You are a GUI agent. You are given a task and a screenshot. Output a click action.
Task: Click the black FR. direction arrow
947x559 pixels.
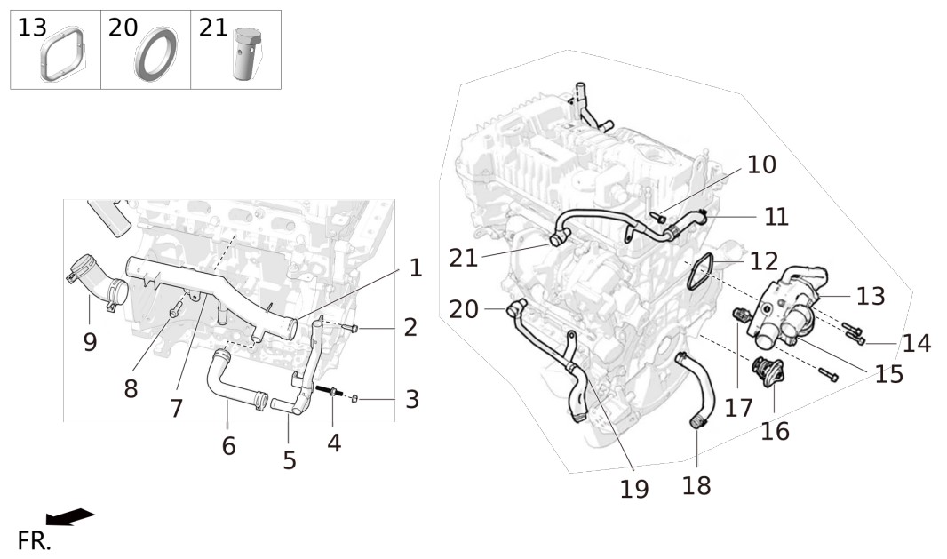pyautogui.click(x=70, y=516)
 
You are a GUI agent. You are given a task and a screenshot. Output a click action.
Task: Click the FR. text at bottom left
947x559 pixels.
pyautogui.click(x=34, y=541)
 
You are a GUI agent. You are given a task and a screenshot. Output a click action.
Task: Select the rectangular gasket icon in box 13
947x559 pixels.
pyautogui.click(x=63, y=53)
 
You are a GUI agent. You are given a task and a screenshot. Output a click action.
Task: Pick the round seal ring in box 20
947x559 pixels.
pyautogui.click(x=156, y=54)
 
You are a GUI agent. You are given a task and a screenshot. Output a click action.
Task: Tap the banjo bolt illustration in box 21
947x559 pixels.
pyautogui.click(x=245, y=53)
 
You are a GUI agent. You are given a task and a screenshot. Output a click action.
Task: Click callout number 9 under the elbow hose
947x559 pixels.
pyautogui.click(x=90, y=343)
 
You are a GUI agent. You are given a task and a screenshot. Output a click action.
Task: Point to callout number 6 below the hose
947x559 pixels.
pyautogui.click(x=229, y=446)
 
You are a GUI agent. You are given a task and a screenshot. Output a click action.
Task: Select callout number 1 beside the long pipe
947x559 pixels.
pyautogui.click(x=416, y=268)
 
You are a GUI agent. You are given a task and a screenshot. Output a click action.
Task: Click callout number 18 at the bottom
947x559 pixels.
pyautogui.click(x=696, y=485)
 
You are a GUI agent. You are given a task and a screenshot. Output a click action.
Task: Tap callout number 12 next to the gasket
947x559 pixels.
pyautogui.click(x=764, y=261)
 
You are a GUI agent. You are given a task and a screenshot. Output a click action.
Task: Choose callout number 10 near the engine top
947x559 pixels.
pyautogui.click(x=762, y=164)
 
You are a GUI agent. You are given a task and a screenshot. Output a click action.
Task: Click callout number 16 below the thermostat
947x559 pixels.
pyautogui.click(x=775, y=432)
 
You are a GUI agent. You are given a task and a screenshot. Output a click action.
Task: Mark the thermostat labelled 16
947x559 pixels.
pyautogui.click(x=767, y=373)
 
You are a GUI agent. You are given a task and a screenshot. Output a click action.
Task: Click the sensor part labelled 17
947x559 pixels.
pyautogui.click(x=740, y=316)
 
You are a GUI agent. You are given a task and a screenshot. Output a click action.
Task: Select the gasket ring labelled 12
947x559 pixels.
pyautogui.click(x=701, y=275)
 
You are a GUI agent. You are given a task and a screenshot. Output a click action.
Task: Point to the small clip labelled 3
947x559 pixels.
pyautogui.click(x=355, y=397)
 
